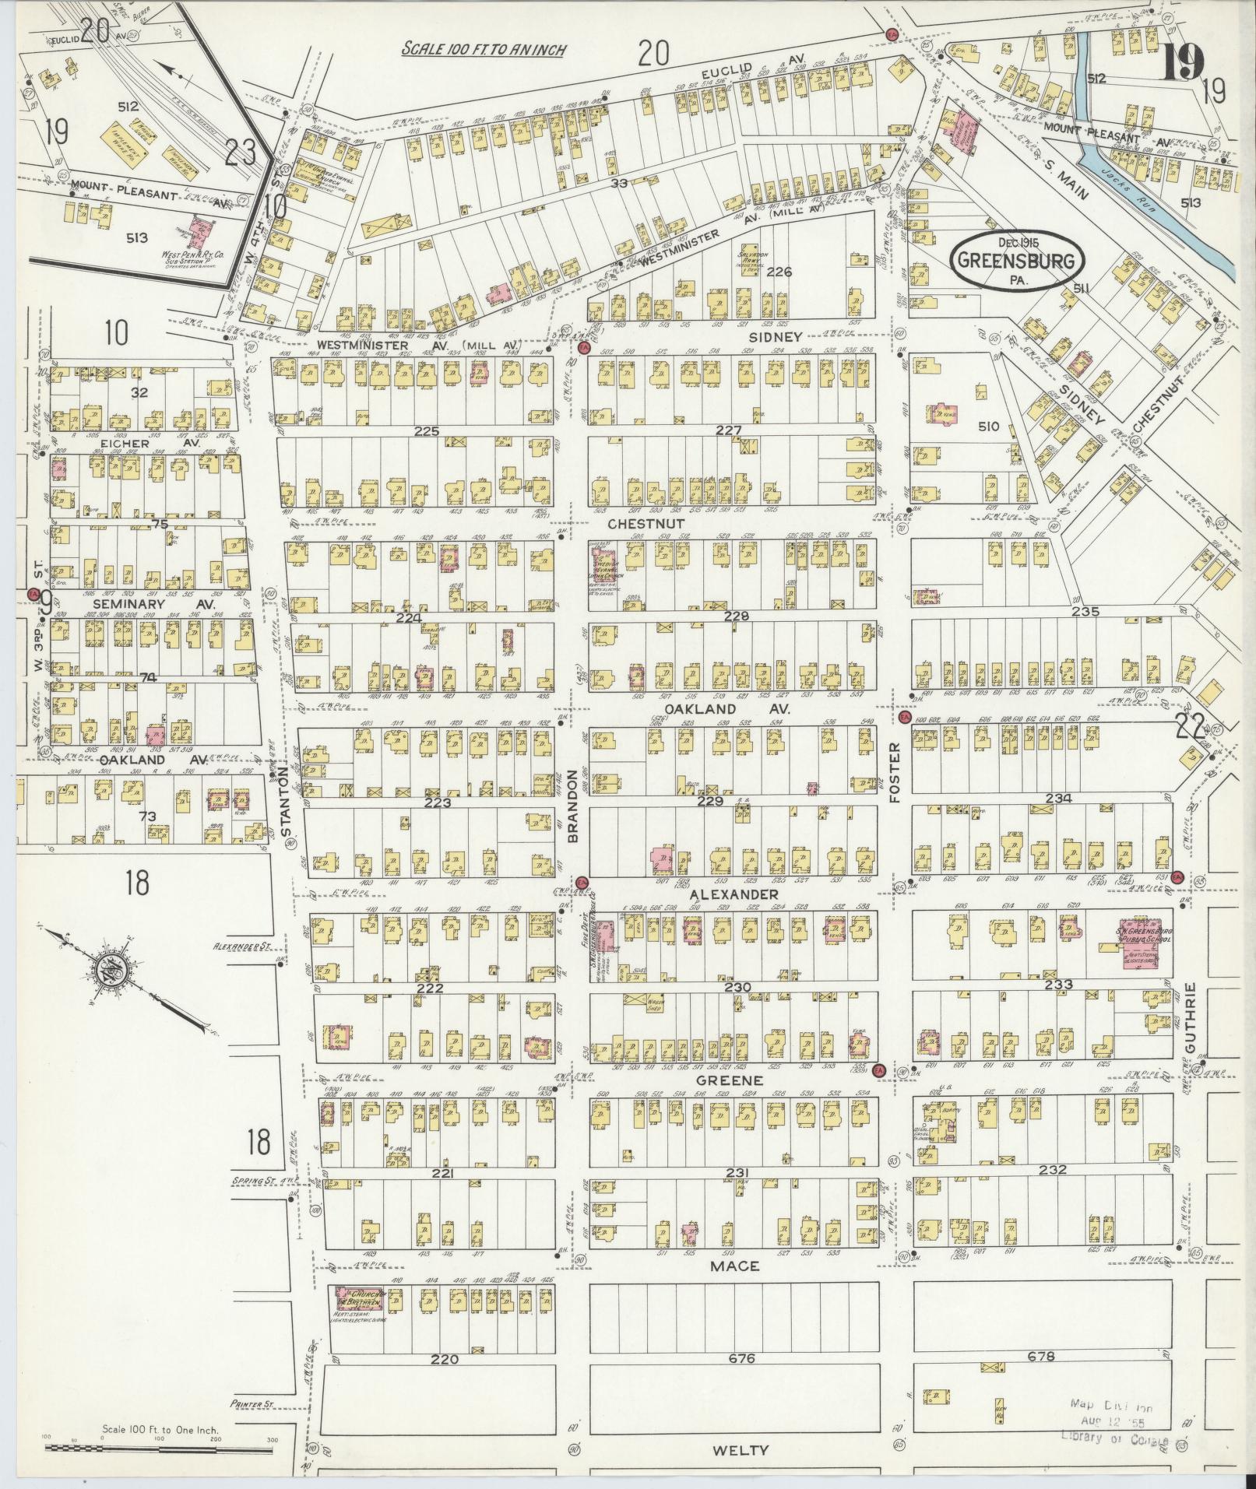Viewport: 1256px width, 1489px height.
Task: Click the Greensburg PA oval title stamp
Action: tap(1017, 260)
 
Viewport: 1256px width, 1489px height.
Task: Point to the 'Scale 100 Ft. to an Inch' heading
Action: tap(484, 49)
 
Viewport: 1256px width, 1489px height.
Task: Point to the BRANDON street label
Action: tap(574, 805)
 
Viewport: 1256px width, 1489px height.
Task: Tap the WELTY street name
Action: tap(739, 1450)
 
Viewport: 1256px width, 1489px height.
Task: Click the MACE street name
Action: tap(734, 1266)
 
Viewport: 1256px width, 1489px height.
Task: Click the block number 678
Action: tap(1041, 1356)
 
